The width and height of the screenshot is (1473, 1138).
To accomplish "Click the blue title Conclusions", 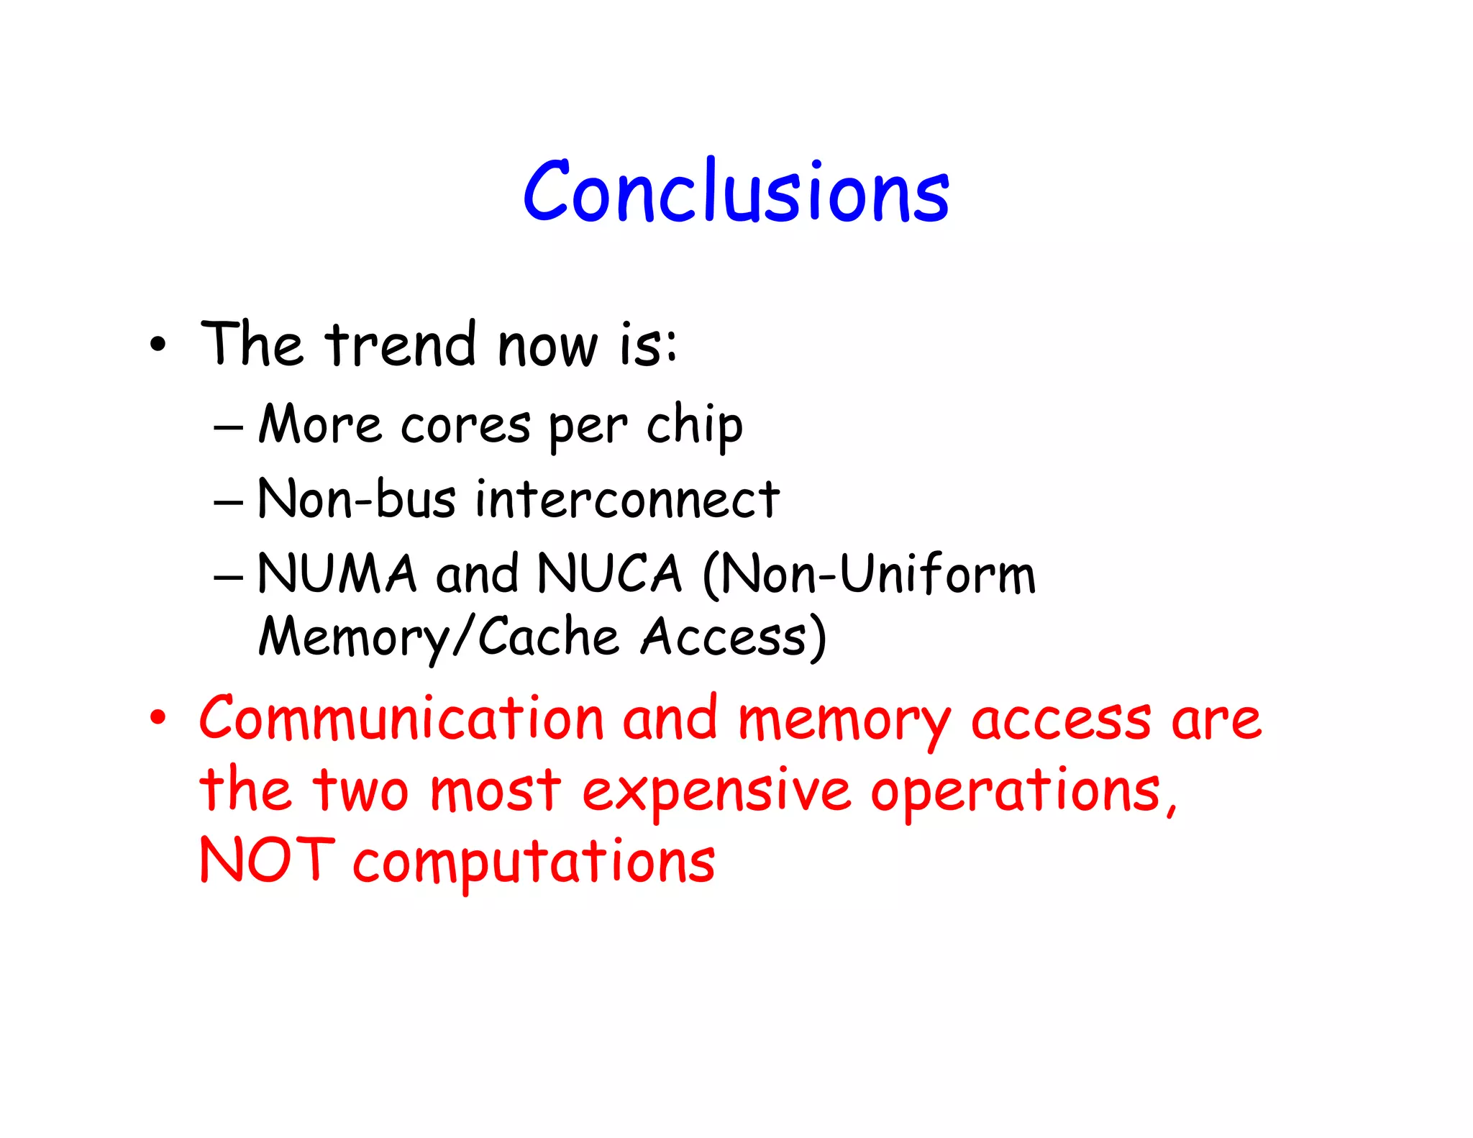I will pos(736,191).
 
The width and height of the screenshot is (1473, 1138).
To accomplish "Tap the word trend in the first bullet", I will pos(401,345).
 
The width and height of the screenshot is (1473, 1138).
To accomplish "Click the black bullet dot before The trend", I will pos(158,345).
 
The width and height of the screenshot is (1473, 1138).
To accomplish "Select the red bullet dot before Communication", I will pos(158,718).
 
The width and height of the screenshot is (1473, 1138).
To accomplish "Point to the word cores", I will pos(465,425).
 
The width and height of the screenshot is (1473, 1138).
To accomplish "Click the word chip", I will pos(694,427).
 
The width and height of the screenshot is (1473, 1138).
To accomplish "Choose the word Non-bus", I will pos(357,499).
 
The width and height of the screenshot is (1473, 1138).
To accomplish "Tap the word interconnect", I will pos(627,499).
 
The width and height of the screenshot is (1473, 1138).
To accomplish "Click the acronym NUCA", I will pos(609,573).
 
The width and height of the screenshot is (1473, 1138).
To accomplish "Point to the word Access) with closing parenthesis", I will pos(734,637).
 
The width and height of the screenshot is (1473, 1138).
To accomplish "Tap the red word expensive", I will pos(716,792).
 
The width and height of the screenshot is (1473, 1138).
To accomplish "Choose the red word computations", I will pos(534,862).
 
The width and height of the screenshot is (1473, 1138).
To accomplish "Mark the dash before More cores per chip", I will pos(228,427).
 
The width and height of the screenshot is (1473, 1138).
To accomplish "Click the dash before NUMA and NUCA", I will pos(228,576).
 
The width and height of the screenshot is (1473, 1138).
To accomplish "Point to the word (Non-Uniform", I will pos(869,573).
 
